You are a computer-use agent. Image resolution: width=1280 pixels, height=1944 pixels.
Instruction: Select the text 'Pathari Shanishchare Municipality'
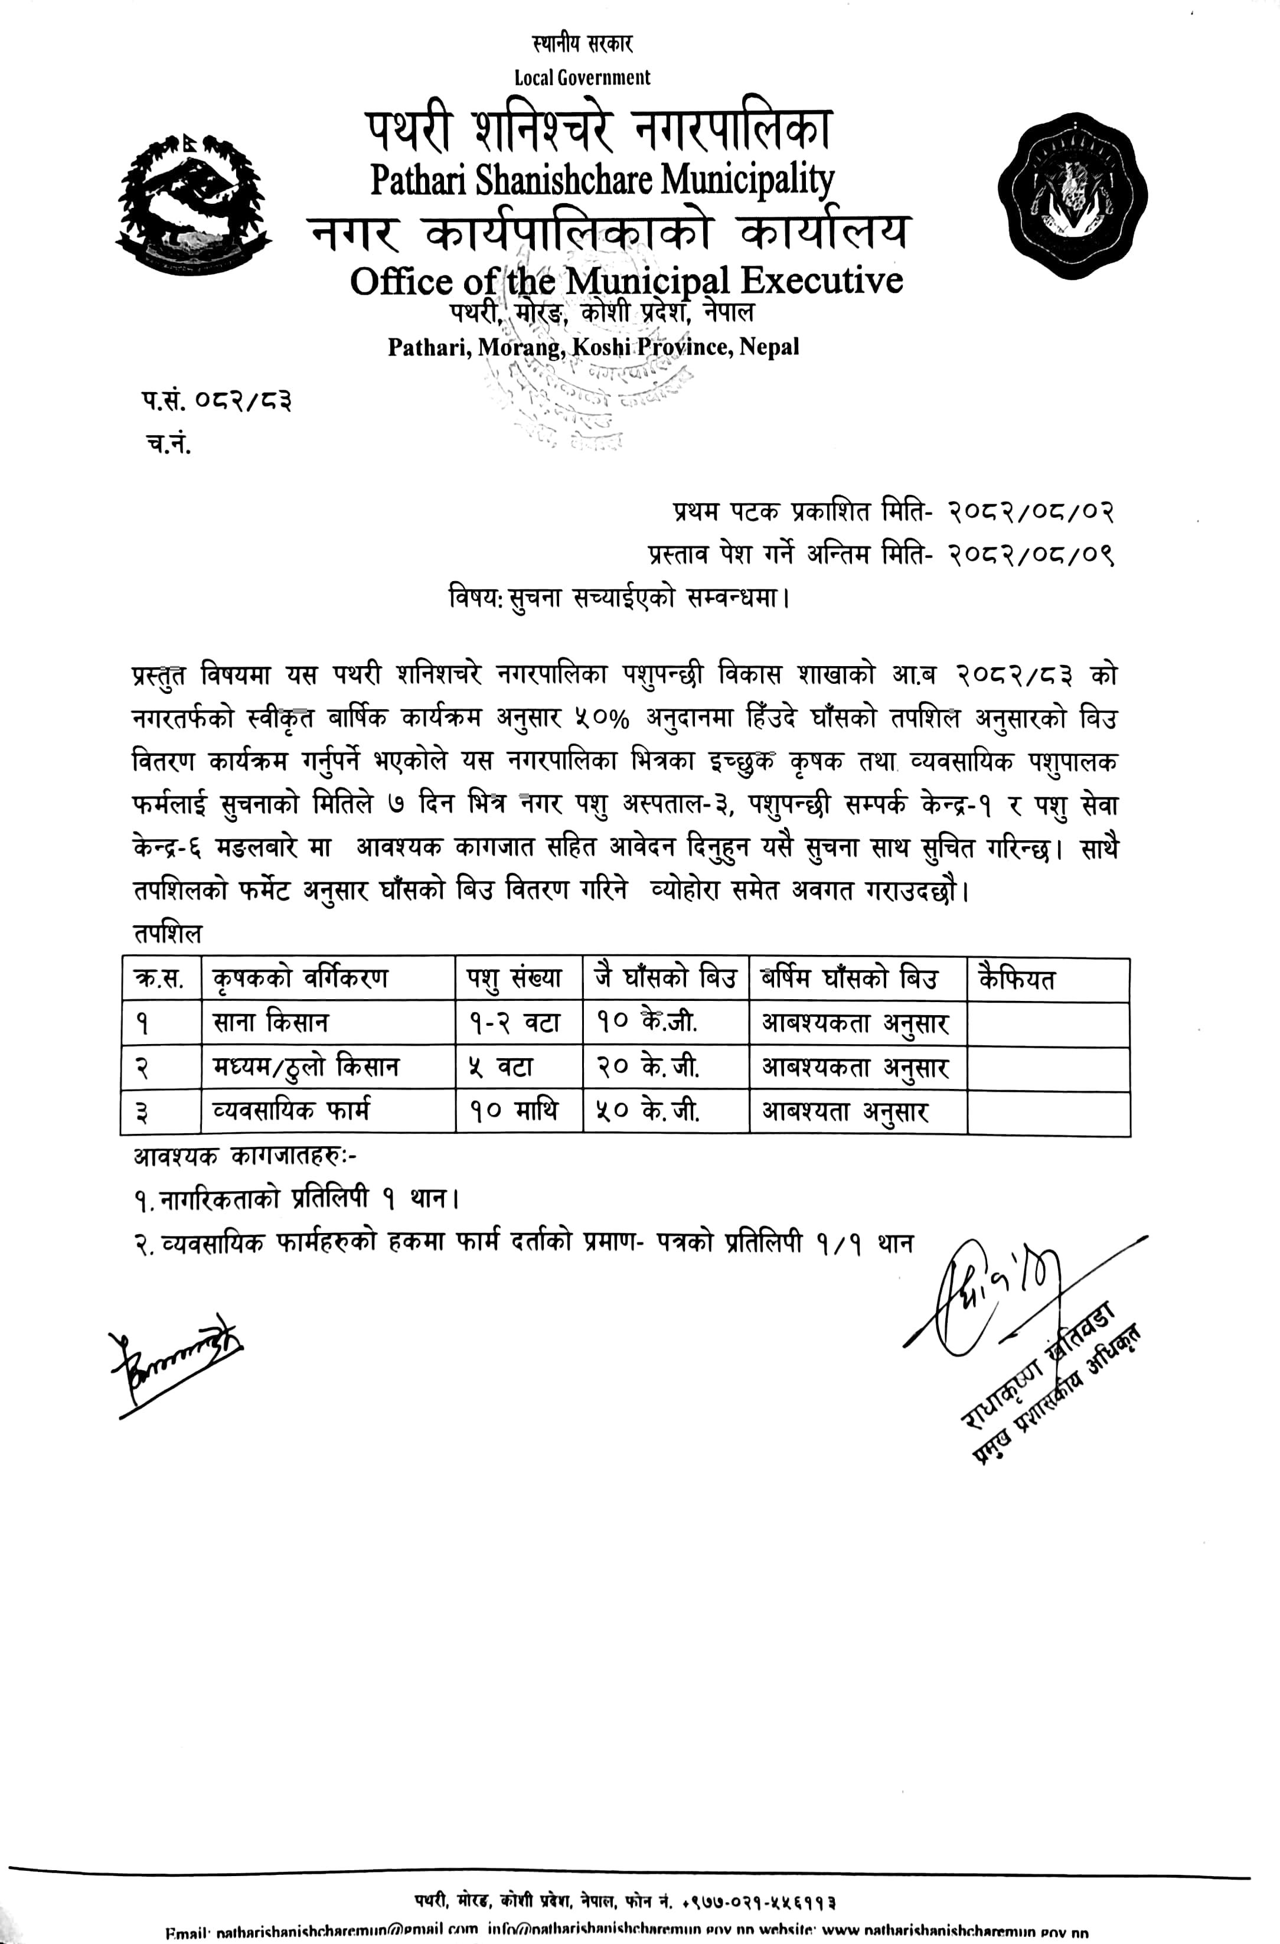(602, 180)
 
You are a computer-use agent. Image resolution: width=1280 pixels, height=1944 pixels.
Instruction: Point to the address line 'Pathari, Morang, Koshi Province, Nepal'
(593, 347)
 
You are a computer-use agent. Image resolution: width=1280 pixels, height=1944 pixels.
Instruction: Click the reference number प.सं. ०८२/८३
(215, 402)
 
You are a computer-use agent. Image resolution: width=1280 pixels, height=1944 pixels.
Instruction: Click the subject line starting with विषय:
(618, 598)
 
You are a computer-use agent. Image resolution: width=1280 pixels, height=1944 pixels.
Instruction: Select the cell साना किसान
(270, 1023)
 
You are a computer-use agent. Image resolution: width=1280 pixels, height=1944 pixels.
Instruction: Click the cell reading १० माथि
(513, 1111)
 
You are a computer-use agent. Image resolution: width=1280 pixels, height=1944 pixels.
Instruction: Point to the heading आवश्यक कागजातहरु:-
(245, 1157)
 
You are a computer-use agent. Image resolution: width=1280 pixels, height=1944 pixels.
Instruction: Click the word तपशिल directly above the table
(168, 934)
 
